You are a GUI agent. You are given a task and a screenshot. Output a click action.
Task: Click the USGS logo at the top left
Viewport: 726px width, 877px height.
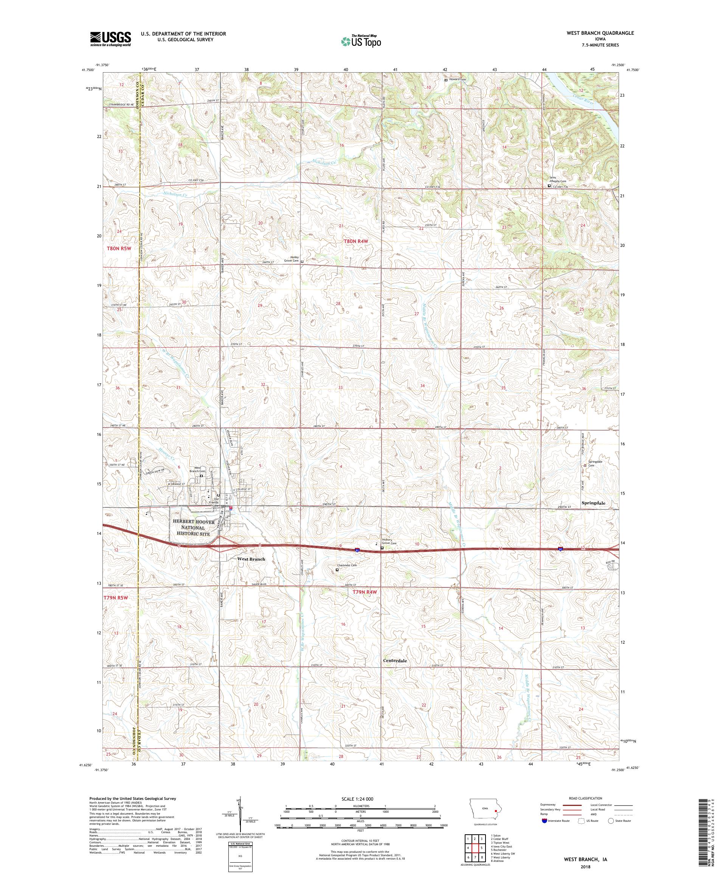click(x=110, y=39)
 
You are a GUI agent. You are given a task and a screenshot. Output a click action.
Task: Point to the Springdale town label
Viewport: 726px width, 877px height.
click(x=593, y=503)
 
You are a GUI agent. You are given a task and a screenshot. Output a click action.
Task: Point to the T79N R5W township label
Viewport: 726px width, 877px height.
click(x=115, y=598)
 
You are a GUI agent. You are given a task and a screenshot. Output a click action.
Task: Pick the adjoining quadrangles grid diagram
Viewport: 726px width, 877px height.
click(x=475, y=846)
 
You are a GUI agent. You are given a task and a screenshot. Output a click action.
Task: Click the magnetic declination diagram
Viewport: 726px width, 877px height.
click(x=240, y=821)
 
